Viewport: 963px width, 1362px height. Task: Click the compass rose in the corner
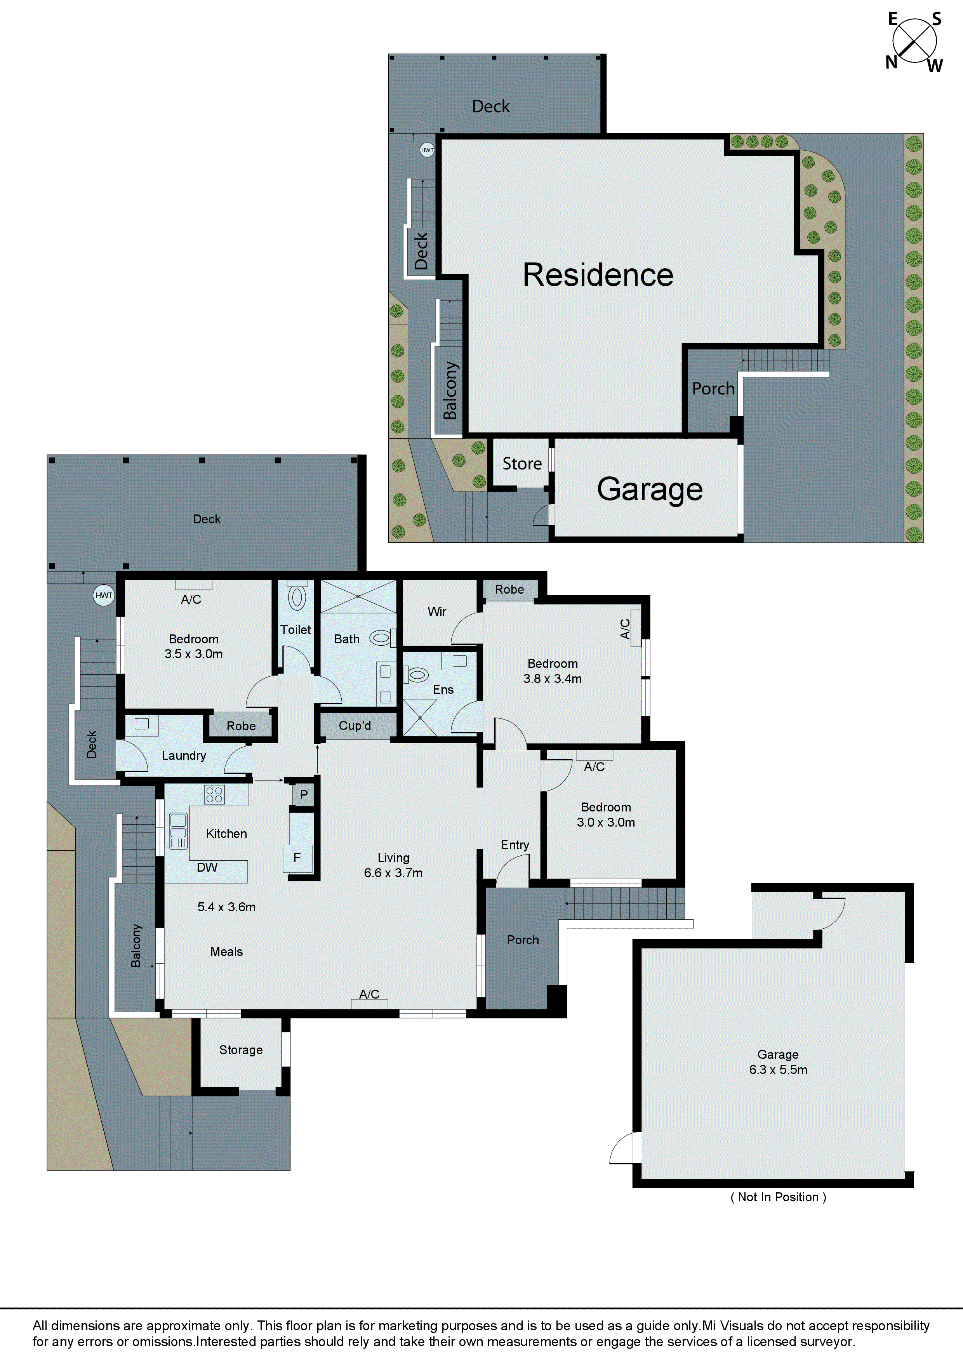914,42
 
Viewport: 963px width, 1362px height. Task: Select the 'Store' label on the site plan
522,464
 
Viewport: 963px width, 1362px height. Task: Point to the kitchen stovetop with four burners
214,794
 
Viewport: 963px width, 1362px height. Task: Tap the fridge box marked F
297,857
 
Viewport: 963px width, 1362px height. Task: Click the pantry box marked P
304,794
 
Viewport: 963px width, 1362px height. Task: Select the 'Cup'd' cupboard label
355,726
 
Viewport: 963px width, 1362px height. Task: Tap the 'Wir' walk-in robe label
437,612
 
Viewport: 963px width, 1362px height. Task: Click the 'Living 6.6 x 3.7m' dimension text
393,865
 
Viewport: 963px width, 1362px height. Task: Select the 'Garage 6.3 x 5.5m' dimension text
778,1062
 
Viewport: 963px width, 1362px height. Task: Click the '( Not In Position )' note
778,1197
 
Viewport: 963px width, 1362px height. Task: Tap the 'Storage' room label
241,1050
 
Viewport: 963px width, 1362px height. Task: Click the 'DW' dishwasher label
207,867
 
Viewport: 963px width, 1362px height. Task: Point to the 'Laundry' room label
184,756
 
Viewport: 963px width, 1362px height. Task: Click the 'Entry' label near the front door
515,845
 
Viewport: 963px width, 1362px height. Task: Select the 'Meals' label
227,952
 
